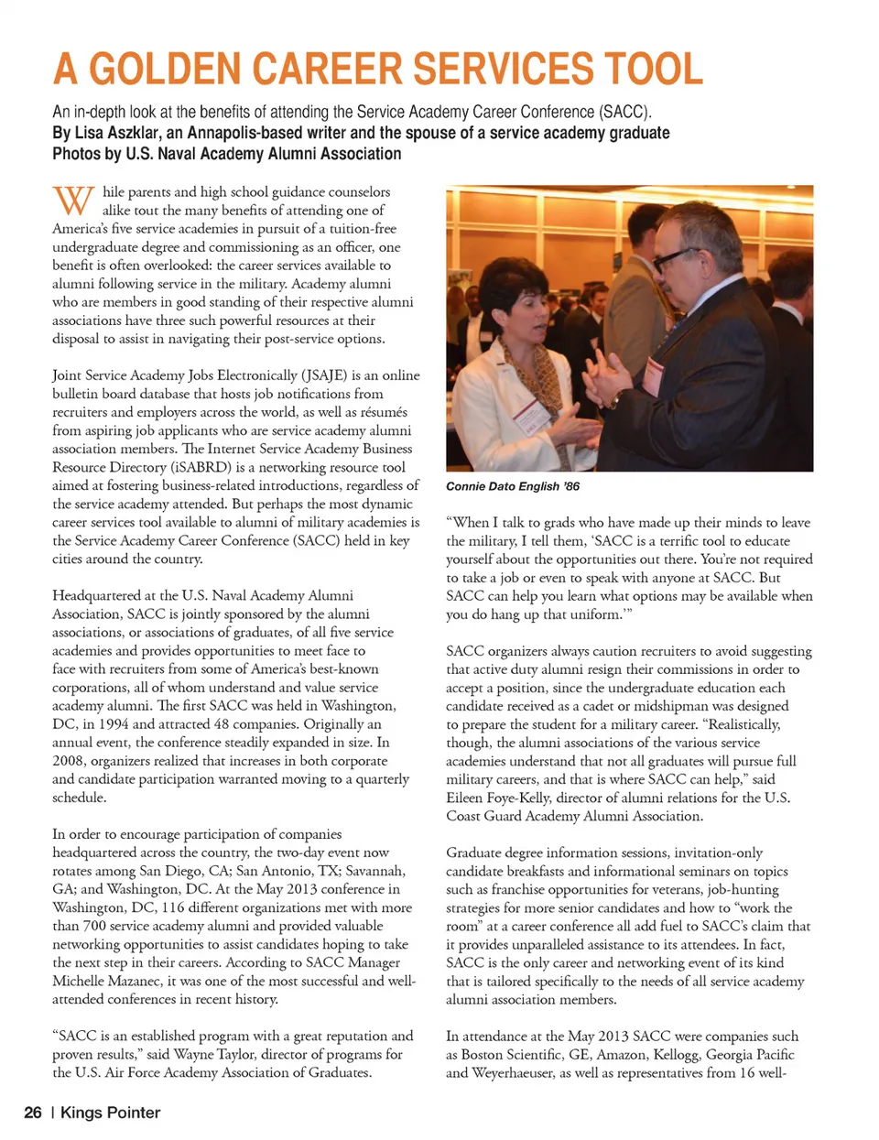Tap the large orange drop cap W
pos(73,201)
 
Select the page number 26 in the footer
pos(33,1113)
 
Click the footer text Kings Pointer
pos(110,1113)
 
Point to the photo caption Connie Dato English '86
pos(513,486)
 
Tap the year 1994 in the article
pos(116,724)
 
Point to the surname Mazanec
pos(131,981)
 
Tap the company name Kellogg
pos(676,1054)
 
